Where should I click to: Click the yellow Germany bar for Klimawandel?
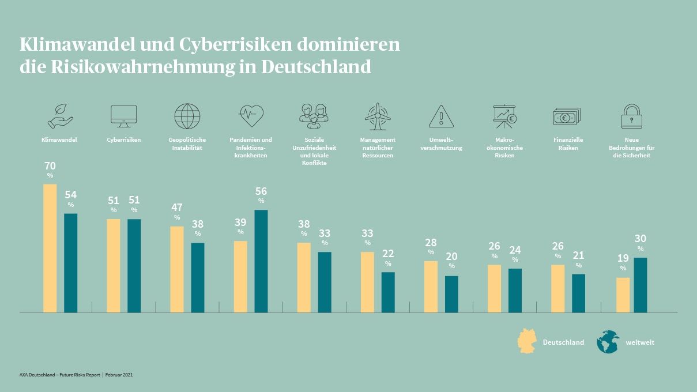point(50,248)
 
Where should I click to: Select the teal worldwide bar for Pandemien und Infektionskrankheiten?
point(261,261)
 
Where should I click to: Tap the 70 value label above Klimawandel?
point(50,167)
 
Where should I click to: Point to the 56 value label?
point(261,192)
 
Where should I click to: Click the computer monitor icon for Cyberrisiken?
point(123,116)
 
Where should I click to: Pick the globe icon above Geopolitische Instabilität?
point(187,116)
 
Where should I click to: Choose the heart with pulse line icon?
point(251,116)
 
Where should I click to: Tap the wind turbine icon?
point(378,116)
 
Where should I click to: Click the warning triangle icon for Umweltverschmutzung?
point(441,116)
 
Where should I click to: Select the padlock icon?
point(631,116)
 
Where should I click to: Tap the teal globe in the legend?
point(608,341)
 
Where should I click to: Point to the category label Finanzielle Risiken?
point(568,144)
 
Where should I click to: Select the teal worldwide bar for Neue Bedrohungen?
point(641,285)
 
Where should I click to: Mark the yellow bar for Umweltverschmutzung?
point(431,287)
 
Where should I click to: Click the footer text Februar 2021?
point(119,375)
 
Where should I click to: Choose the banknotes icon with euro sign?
point(567,116)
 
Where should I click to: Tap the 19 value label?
point(623,259)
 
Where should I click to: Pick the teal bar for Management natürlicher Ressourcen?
point(388,292)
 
